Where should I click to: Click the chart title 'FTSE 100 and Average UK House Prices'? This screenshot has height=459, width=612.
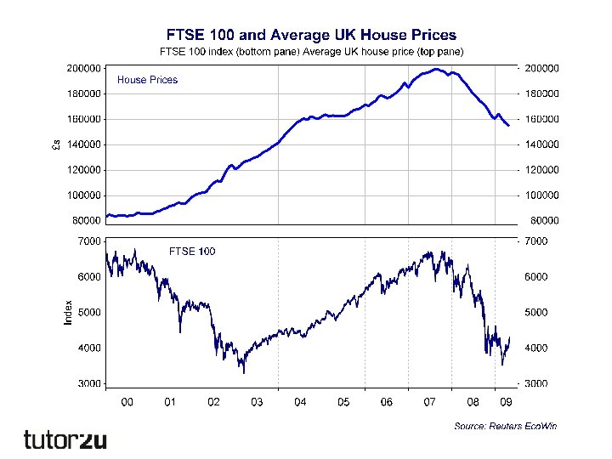(x=310, y=35)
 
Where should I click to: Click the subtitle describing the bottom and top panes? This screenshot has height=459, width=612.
(x=310, y=51)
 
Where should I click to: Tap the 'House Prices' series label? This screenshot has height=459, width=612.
(x=147, y=80)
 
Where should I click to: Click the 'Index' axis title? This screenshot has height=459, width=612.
(x=68, y=310)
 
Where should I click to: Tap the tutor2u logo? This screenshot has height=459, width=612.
(x=65, y=439)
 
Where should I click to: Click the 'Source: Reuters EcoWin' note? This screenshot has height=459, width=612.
(x=505, y=425)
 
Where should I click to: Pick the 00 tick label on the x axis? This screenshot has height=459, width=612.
(x=127, y=402)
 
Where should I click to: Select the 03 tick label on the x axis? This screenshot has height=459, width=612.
(x=257, y=402)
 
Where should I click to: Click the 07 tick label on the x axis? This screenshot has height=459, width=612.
(x=430, y=402)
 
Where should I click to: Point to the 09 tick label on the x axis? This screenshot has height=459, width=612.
(x=505, y=402)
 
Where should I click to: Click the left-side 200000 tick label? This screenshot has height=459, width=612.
(x=84, y=67)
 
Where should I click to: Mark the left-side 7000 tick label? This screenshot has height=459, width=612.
(x=89, y=241)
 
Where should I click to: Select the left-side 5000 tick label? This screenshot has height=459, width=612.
(x=89, y=312)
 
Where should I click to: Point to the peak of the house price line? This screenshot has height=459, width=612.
(x=436, y=69)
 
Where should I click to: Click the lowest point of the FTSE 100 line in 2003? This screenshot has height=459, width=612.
(x=244, y=372)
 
